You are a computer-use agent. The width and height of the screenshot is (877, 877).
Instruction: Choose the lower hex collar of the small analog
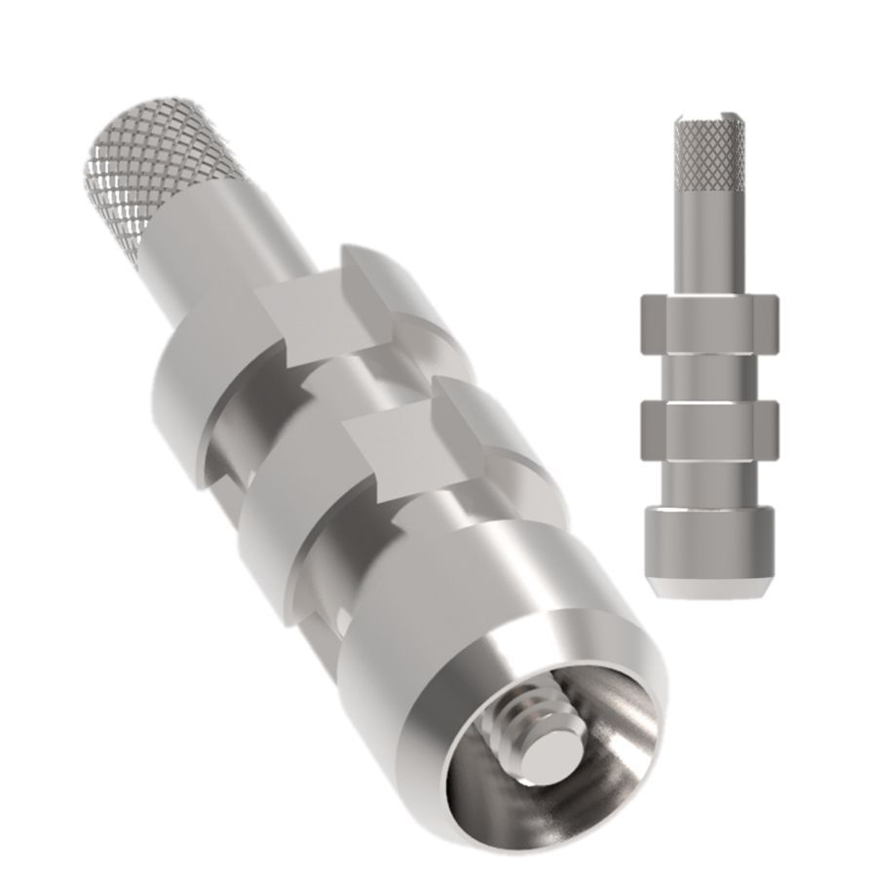point(708,429)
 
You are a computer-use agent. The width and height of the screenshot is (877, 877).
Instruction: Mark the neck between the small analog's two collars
point(708,375)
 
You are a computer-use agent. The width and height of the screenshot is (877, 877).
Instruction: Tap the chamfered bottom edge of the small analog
point(708,591)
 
